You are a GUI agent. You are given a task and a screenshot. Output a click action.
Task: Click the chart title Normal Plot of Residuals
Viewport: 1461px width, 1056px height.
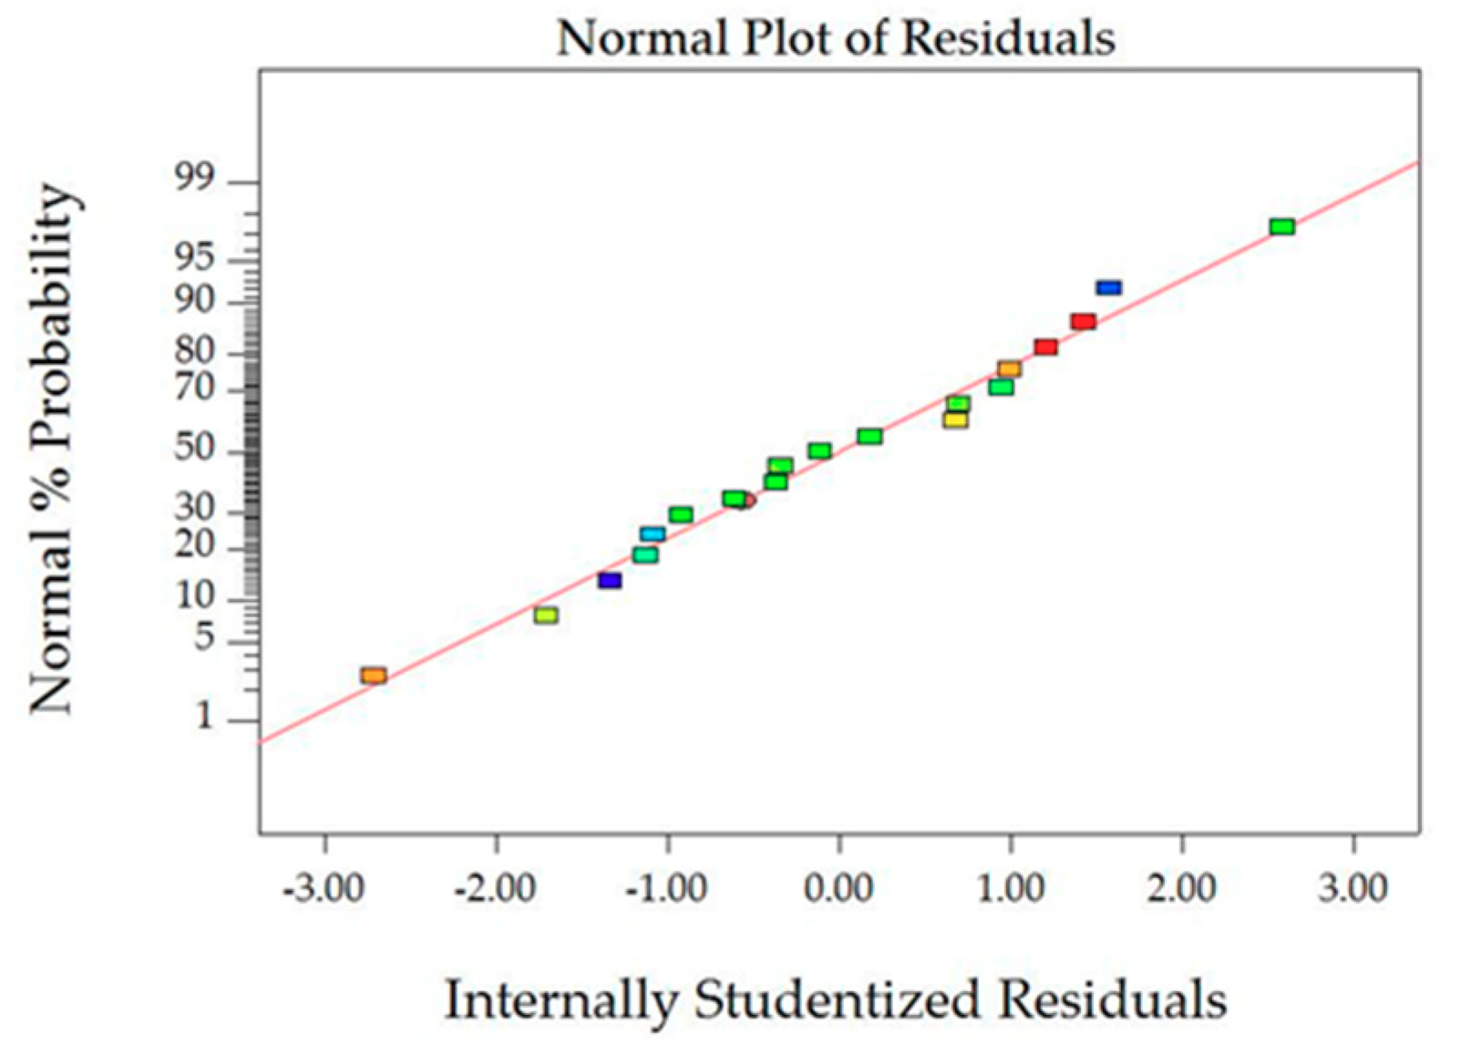(x=836, y=39)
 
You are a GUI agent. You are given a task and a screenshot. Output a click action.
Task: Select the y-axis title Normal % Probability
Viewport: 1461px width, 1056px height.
(x=51, y=449)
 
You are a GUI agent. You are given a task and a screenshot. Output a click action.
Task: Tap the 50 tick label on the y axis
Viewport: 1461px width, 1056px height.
(x=195, y=450)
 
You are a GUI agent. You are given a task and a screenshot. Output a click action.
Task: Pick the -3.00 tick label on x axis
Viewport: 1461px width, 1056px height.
(x=324, y=887)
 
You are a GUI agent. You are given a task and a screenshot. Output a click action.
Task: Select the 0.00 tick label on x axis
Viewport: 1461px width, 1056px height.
(x=839, y=887)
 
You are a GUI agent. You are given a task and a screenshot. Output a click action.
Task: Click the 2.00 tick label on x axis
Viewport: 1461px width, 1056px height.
(x=1181, y=887)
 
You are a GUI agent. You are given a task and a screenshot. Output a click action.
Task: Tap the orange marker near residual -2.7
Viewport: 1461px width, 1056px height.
(x=373, y=676)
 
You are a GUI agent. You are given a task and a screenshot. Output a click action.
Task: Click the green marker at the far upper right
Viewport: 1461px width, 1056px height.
(x=1281, y=227)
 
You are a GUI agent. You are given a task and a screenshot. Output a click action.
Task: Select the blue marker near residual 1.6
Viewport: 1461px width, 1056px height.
(x=1108, y=288)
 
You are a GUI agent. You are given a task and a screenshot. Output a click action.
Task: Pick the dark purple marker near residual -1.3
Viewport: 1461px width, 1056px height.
(x=609, y=581)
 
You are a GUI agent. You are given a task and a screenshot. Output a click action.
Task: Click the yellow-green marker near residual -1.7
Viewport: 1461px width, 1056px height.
(x=545, y=616)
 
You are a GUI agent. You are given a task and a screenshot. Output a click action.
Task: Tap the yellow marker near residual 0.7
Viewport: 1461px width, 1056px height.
(x=954, y=420)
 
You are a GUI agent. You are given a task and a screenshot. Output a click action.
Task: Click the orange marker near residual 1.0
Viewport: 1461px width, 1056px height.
(x=1008, y=369)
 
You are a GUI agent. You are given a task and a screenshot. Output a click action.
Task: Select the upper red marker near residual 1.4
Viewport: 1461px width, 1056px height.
(x=1083, y=322)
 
